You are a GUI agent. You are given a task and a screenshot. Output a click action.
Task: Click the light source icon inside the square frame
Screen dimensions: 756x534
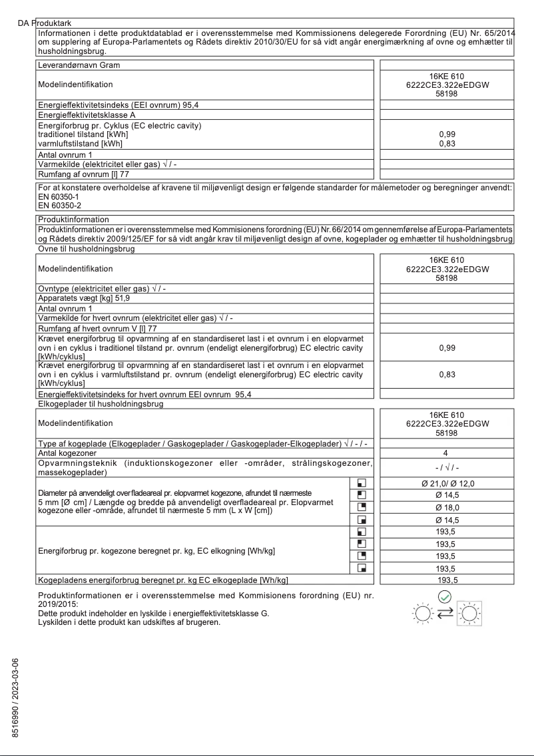(x=469, y=612)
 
